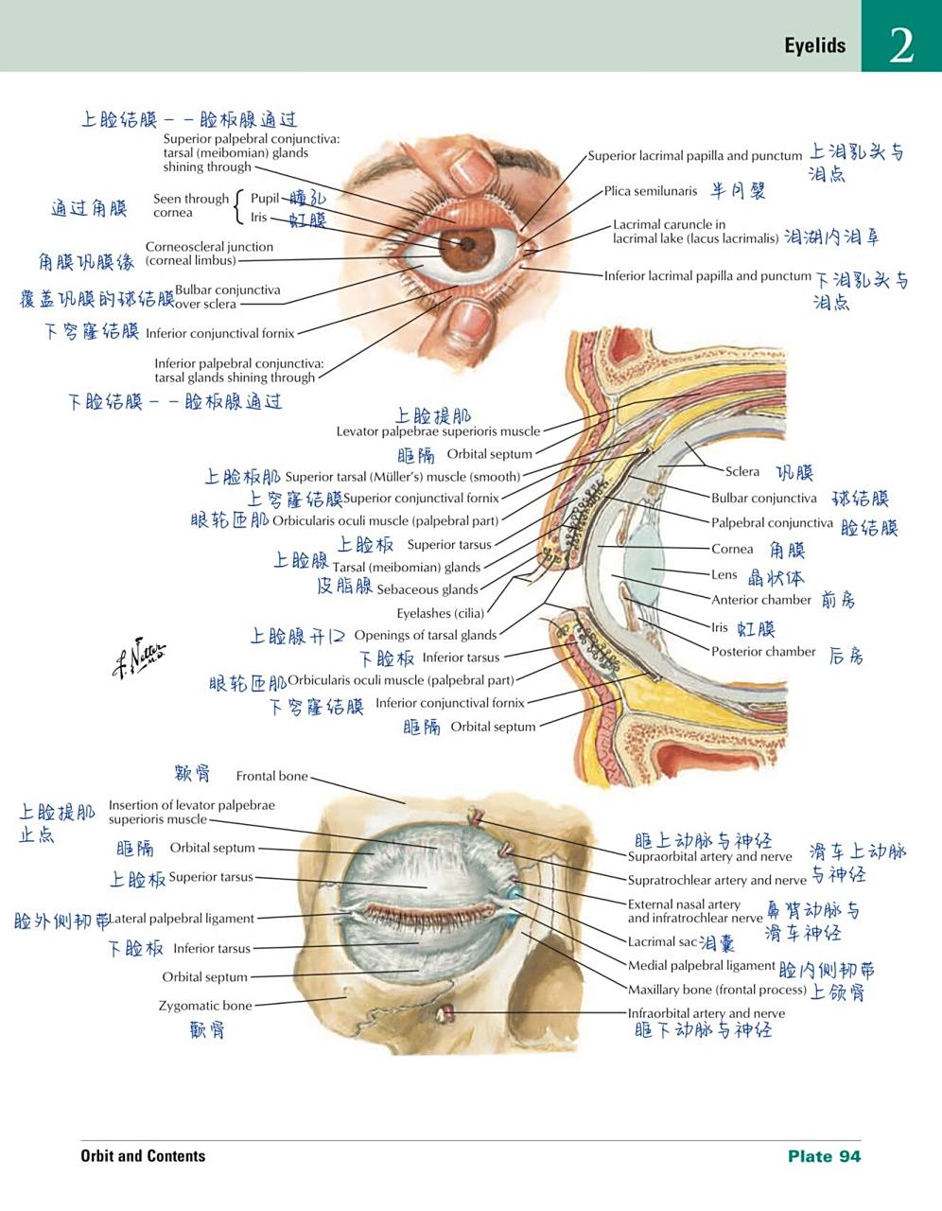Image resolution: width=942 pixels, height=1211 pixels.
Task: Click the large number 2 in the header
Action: click(901, 44)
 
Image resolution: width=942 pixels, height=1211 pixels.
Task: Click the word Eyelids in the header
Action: click(814, 45)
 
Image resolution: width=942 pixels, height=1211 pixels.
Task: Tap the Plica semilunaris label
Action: click(650, 191)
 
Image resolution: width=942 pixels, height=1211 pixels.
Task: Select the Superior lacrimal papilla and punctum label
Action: click(694, 156)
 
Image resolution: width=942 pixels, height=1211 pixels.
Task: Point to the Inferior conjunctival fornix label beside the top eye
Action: click(219, 333)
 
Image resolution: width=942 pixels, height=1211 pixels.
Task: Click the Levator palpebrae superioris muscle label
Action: click(438, 431)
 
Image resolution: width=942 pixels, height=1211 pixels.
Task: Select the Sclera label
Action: click(741, 471)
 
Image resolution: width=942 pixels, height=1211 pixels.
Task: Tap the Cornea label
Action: click(732, 549)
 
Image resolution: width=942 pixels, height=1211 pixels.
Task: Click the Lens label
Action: click(724, 574)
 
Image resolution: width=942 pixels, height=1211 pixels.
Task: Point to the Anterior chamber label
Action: click(760, 600)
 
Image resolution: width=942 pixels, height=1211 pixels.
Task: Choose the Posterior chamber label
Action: click(762, 652)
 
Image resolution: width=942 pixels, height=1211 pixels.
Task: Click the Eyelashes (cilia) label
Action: click(440, 613)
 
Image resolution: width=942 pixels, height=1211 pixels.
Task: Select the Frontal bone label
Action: click(271, 776)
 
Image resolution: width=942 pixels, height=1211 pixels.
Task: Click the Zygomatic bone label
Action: click(204, 1006)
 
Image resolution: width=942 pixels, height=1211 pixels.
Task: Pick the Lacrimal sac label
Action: click(662, 942)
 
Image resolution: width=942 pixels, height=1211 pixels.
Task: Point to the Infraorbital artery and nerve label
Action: click(706, 1013)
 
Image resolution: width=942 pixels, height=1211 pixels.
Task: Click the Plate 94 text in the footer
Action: click(824, 1156)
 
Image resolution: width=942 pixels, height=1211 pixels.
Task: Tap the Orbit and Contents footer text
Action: click(143, 1156)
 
